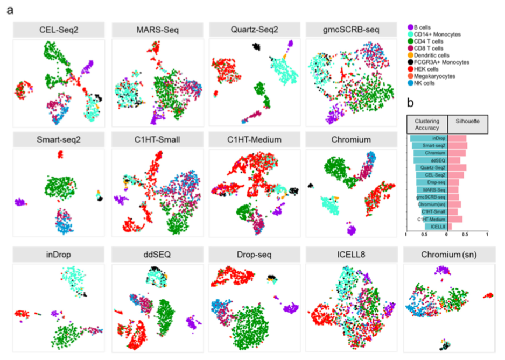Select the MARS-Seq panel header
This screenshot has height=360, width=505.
(x=156, y=29)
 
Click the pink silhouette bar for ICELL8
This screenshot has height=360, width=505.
(x=450, y=227)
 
